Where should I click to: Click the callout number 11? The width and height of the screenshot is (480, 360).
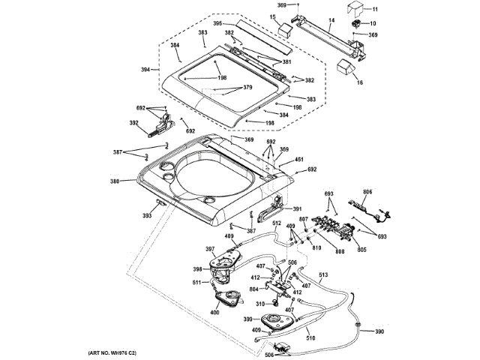376,9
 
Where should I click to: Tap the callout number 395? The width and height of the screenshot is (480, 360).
218,24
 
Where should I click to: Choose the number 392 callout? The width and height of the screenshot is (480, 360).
133,123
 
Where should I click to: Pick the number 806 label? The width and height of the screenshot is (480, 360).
367,191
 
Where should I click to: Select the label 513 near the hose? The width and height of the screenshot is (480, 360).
323,275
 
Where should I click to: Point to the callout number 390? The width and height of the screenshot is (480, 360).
379,331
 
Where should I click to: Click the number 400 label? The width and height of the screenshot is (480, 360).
214,312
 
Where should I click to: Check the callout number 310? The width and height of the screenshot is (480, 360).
261,304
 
